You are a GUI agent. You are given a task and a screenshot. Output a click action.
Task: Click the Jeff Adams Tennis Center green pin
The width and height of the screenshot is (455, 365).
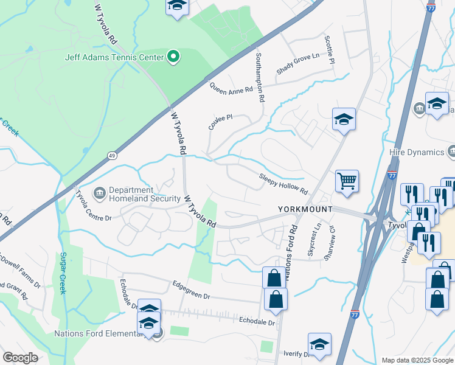pyautogui.click(x=173, y=58)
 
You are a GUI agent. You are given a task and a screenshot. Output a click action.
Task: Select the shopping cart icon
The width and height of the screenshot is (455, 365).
pyautogui.click(x=347, y=181)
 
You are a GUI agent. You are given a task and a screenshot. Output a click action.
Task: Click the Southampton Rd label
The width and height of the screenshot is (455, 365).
pyautogui.click(x=260, y=77)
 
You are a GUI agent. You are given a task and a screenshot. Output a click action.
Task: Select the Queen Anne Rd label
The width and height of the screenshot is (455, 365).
pyautogui.click(x=231, y=89)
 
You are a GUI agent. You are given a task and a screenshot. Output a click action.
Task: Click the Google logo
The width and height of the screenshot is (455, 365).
pyautogui.click(x=20, y=358)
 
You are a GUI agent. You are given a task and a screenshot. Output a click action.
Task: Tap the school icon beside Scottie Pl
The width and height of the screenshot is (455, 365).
pyautogui.click(x=343, y=120)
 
